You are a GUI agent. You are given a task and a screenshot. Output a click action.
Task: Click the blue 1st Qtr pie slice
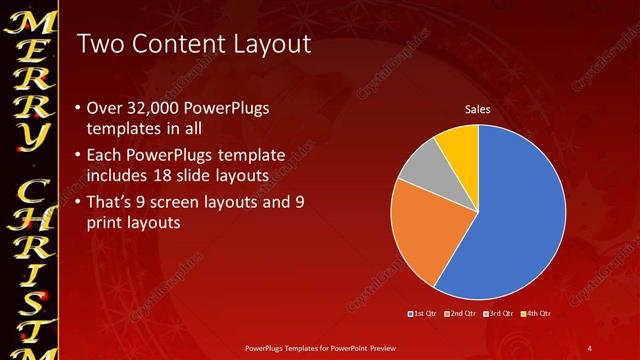click(x=510, y=220)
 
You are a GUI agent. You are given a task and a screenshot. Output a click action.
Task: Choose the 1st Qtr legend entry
click(x=423, y=314)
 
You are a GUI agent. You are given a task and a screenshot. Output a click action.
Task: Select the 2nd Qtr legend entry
click(x=460, y=314)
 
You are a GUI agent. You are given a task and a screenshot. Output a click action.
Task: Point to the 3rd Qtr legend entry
click(x=497, y=314)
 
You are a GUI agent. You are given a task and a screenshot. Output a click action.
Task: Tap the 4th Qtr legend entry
click(x=535, y=314)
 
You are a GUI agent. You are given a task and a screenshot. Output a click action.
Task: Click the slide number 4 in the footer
click(x=590, y=347)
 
